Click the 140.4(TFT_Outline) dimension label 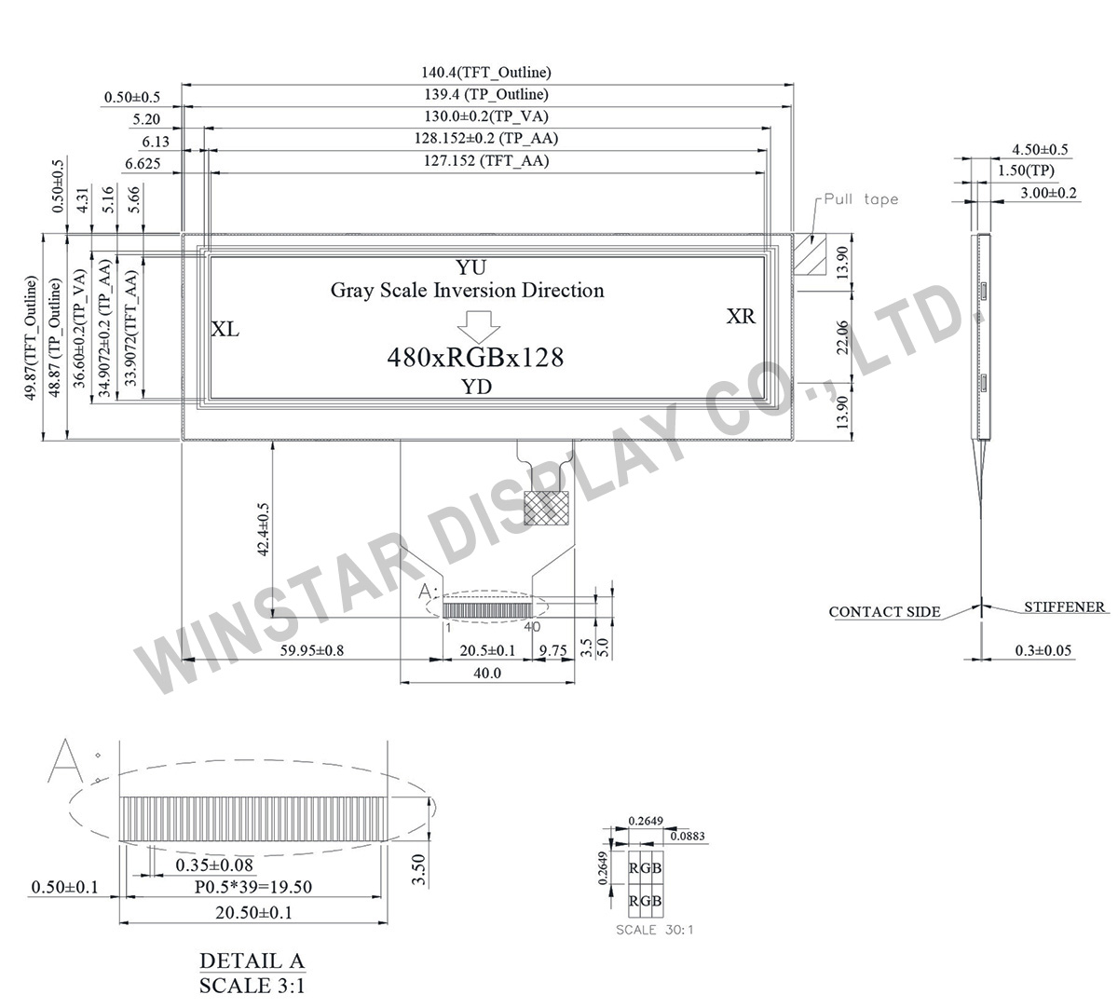(486, 72)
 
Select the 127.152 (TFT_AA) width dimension (485, 161)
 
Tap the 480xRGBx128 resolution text (475, 357)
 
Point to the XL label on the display (225, 330)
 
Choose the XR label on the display (741, 317)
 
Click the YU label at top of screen (470, 267)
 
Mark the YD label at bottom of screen (477, 388)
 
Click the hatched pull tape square (810, 254)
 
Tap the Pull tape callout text (861, 199)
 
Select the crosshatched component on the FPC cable (544, 508)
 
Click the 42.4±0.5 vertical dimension (263, 529)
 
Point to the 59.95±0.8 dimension (311, 650)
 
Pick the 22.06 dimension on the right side (842, 336)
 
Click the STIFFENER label (1064, 607)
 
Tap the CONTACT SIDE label (884, 612)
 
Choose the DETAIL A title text (252, 961)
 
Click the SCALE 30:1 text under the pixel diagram (655, 929)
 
